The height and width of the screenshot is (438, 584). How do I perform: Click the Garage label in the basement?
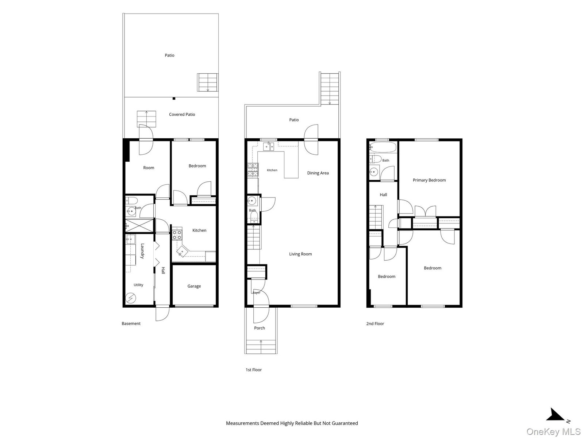pyautogui.click(x=194, y=286)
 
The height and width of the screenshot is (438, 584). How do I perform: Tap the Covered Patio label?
pyautogui.click(x=182, y=114)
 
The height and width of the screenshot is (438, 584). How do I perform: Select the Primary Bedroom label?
pyautogui.click(x=429, y=180)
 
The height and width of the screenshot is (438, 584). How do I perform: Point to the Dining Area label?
pyautogui.click(x=318, y=173)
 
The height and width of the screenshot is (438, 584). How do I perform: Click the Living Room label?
pyautogui.click(x=300, y=254)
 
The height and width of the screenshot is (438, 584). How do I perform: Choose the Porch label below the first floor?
pyautogui.click(x=260, y=328)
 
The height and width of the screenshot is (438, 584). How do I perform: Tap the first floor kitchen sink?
pyautogui.click(x=268, y=146)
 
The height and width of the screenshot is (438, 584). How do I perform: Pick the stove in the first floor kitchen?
pyautogui.click(x=253, y=170)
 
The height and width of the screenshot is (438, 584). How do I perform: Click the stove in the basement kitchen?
pyautogui.click(x=177, y=234)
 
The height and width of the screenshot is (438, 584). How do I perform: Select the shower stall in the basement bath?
pyautogui.click(x=139, y=226)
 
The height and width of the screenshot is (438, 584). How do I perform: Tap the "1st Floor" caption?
pyautogui.click(x=254, y=370)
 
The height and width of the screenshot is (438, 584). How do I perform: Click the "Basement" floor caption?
pyautogui.click(x=131, y=323)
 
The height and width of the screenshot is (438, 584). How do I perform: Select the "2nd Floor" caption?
pyautogui.click(x=375, y=324)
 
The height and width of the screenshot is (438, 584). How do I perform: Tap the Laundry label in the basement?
pyautogui.click(x=142, y=251)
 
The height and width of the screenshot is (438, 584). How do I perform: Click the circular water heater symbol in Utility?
pyautogui.click(x=131, y=298)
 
